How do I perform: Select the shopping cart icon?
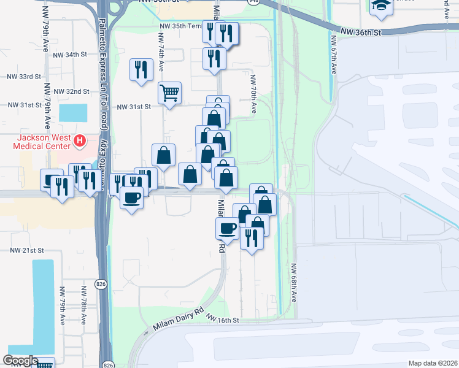click(169, 93)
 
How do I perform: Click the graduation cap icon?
click(381, 6)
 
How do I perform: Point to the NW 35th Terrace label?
click(180, 26)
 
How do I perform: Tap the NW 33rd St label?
click(23, 77)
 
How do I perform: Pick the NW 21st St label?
click(27, 251)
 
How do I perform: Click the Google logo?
click(20, 361)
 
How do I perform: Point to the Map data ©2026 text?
click(432, 363)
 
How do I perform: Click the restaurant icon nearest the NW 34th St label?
click(142, 69)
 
